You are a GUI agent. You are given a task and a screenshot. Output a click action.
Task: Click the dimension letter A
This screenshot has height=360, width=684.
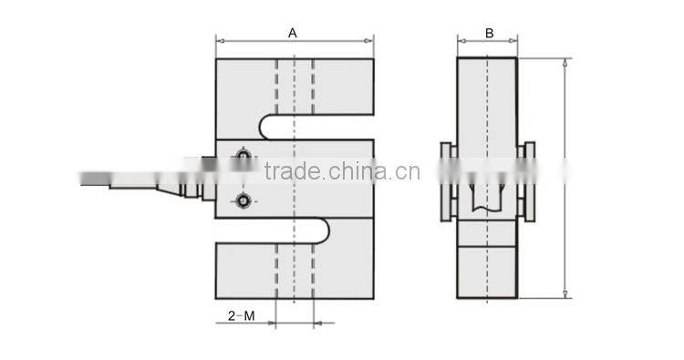pos(293,32)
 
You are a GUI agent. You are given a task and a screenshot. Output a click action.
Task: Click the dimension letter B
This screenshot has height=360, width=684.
pos(489,33)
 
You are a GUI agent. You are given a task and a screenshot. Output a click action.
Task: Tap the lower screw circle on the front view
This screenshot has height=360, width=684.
pos(243,201)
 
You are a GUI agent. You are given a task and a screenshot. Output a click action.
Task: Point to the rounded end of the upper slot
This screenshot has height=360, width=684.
pos(265,126)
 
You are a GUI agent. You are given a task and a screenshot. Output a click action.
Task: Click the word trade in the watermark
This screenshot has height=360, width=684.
pos(288,171)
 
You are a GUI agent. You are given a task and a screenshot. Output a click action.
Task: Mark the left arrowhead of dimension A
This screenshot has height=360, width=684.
pos(220,40)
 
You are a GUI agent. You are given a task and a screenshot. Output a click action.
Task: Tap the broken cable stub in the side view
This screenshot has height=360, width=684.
pos(487,196)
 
